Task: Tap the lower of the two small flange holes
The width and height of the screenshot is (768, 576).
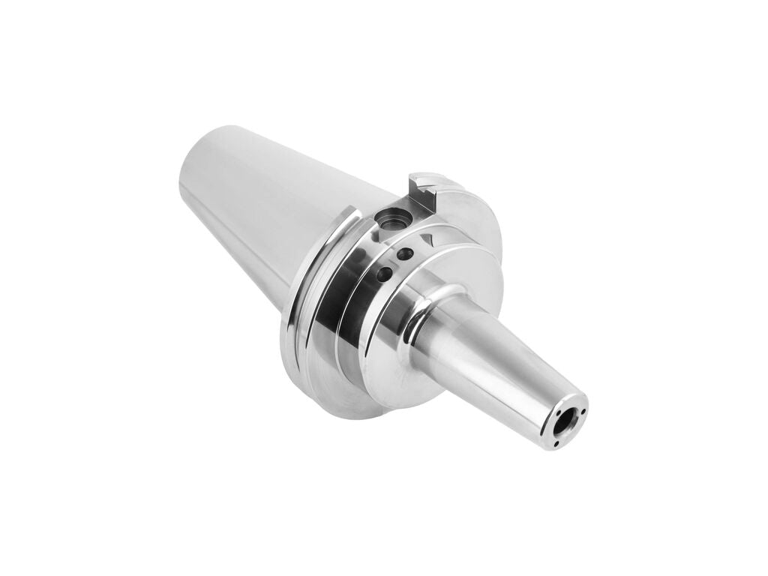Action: tap(385, 274)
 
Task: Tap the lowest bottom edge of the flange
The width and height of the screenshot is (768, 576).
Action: tap(352, 416)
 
